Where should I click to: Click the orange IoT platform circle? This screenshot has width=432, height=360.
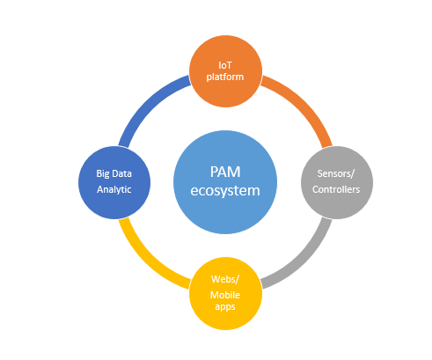pos(225,71)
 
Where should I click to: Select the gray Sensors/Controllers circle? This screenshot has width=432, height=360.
pos(337,182)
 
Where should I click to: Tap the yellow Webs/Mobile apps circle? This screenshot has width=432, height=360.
pos(225,293)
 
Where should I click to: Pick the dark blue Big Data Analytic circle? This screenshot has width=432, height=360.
pos(114,182)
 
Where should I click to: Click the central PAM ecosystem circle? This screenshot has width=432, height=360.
pos(225,182)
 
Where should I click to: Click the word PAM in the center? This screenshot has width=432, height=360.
pos(225,172)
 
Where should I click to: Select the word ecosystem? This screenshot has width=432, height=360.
pos(225,191)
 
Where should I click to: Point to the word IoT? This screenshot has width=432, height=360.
pos(225,65)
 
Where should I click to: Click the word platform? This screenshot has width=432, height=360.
pos(225,77)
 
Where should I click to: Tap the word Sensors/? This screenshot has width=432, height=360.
pos(336,173)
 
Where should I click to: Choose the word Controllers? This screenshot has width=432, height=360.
pos(336,189)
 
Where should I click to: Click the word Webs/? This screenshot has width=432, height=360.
pos(225,279)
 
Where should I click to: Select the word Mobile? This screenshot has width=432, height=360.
pos(225,295)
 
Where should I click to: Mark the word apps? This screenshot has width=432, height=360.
pos(225,307)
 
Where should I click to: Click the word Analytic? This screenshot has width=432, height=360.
pos(114,189)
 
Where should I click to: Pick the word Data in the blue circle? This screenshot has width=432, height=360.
pos(121,173)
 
